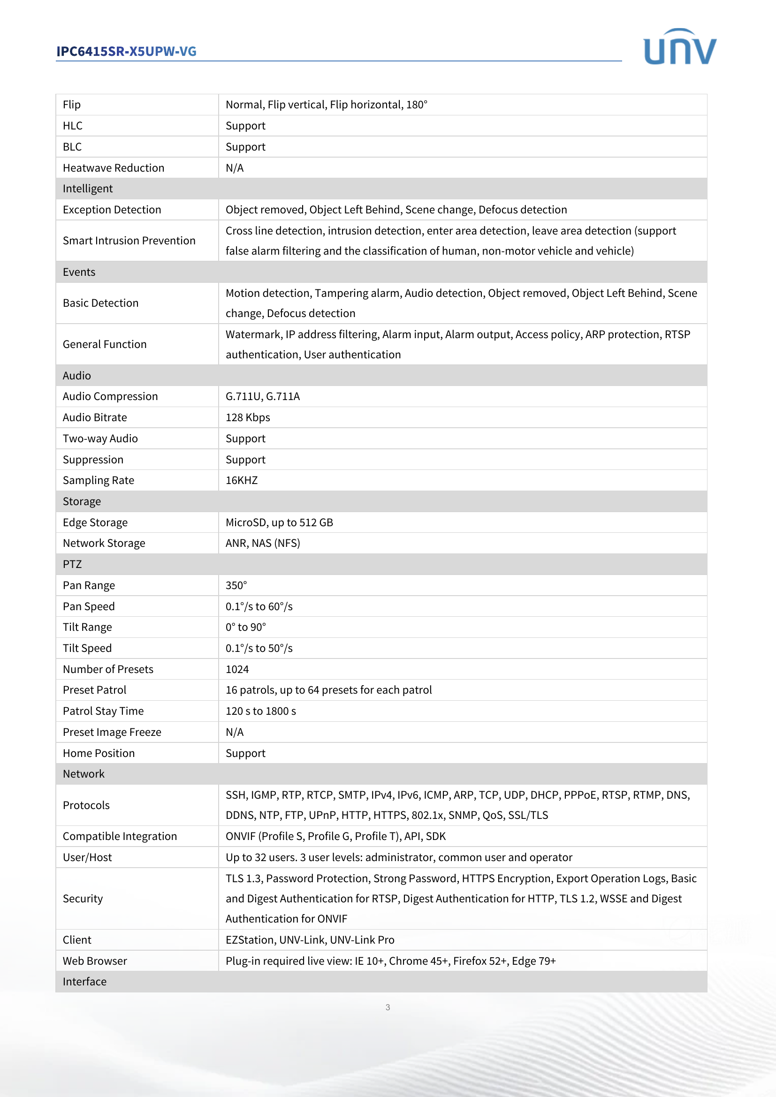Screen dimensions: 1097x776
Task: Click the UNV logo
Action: (679, 47)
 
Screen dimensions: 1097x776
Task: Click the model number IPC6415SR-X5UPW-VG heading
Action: (126, 52)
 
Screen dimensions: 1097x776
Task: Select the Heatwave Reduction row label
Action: (113, 168)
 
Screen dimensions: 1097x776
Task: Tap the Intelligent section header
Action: (88, 189)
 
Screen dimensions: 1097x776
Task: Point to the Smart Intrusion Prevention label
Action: (129, 241)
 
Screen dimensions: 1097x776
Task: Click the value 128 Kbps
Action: (248, 417)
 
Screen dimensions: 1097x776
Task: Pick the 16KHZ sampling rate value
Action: (241, 481)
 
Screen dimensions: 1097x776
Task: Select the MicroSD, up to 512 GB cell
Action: (279, 522)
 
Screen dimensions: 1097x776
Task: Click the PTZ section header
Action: (72, 564)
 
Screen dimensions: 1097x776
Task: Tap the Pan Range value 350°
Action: (236, 586)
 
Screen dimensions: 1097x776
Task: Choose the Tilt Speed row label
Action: (87, 648)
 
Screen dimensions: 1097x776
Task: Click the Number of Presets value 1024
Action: (237, 669)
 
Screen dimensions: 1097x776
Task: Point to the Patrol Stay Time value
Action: (260, 711)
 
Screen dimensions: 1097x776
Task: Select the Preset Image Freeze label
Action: (112, 733)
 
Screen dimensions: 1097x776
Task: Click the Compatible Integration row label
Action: (120, 837)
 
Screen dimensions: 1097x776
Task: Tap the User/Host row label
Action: (87, 858)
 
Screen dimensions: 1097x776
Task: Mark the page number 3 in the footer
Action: (388, 1007)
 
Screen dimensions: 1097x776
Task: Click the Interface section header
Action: (84, 982)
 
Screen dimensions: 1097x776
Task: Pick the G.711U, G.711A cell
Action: (262, 397)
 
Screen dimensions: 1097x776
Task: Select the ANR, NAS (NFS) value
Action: (262, 543)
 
